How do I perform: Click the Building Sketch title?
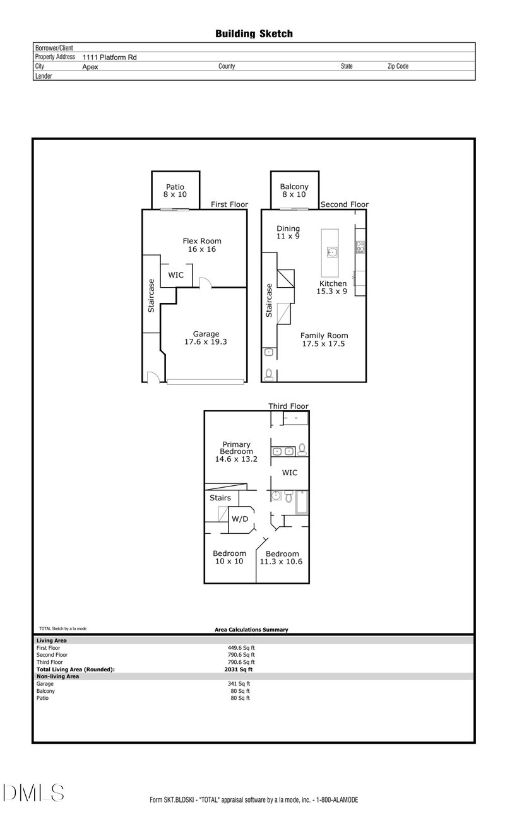pos(254,33)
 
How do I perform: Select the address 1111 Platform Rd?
pos(109,57)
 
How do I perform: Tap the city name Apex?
pos(90,66)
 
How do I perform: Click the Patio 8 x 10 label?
pos(175,191)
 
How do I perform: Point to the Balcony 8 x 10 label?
pos(294,191)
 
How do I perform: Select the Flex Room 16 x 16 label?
pos(202,245)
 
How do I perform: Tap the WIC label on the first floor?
pos(175,275)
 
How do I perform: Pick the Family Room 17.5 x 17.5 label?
pos(324,339)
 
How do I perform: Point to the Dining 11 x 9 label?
pos(288,232)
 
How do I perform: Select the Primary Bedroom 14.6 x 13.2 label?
pos(236,452)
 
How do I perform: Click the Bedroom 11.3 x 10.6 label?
pos(283,557)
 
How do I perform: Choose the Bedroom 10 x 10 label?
pos(229,557)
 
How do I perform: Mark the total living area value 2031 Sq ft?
pos(239,669)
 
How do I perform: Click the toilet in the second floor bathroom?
pos(269,374)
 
